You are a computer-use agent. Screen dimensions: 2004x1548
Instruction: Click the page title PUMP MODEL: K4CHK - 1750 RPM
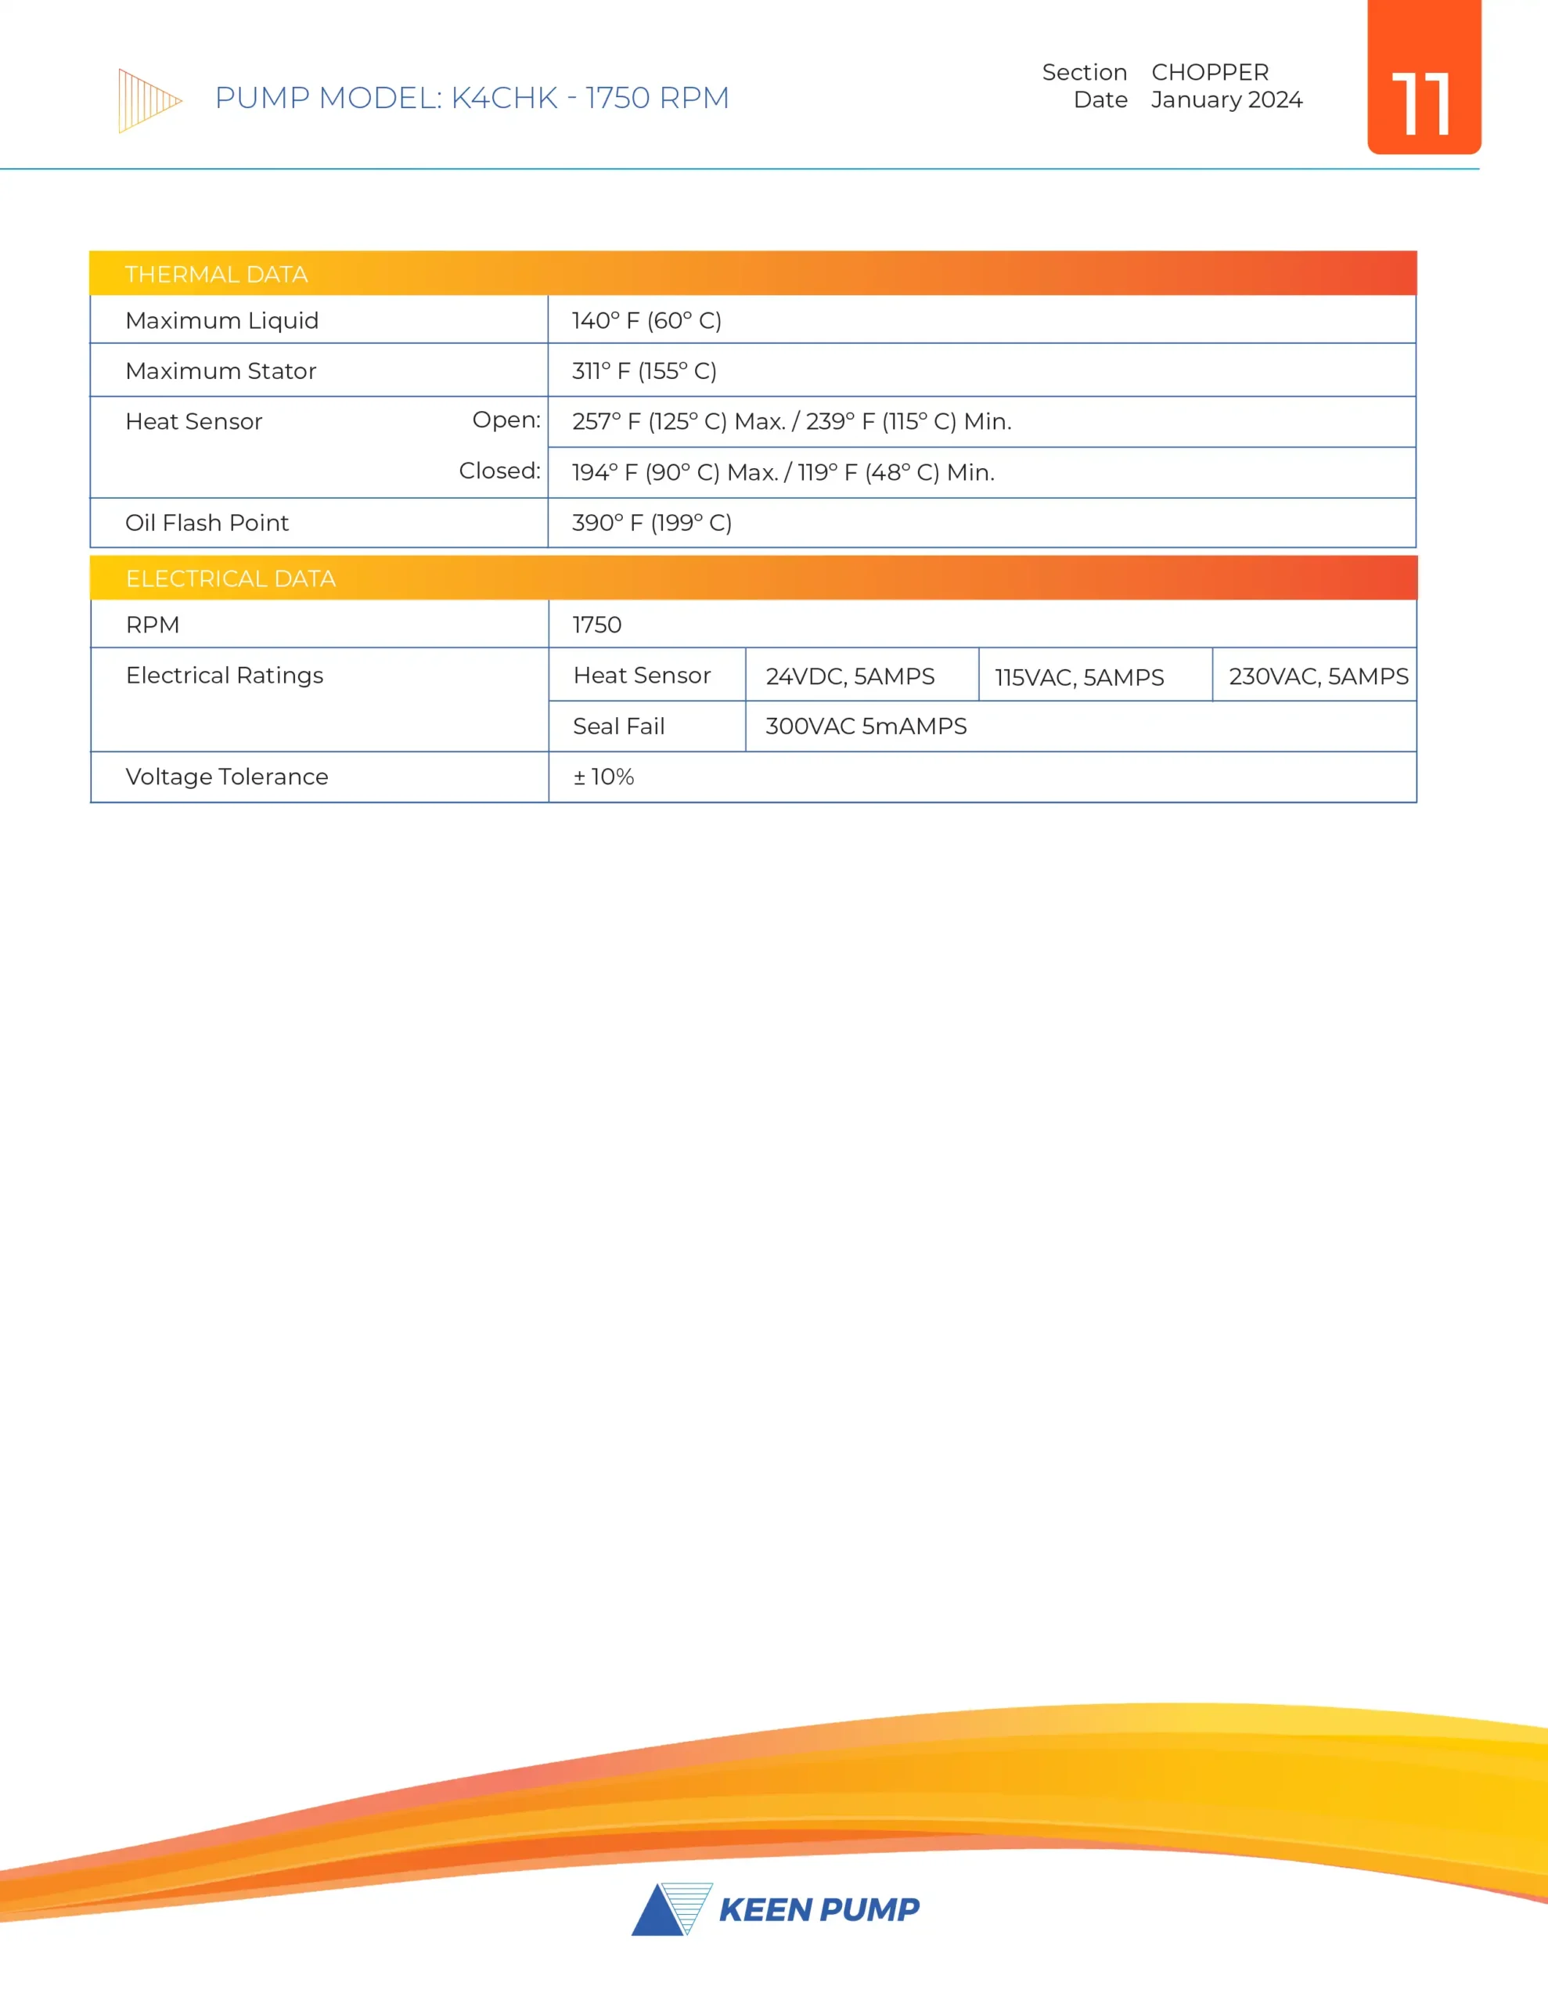pyautogui.click(x=472, y=97)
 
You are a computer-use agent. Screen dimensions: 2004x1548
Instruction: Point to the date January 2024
pyautogui.click(x=1226, y=99)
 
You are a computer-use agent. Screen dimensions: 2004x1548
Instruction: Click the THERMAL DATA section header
pyautogui.click(x=217, y=273)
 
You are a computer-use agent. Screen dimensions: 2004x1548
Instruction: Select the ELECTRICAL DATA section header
pyautogui.click(x=230, y=578)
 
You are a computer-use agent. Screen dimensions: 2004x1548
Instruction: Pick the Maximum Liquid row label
pyautogui.click(x=222, y=320)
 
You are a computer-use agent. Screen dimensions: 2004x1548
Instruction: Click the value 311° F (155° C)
pyautogui.click(x=644, y=371)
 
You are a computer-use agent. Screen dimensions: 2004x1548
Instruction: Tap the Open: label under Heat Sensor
pyautogui.click(x=506, y=420)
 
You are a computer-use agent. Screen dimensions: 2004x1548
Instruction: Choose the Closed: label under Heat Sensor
pyautogui.click(x=499, y=470)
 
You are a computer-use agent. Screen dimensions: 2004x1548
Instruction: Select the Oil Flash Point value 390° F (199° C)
pyautogui.click(x=651, y=522)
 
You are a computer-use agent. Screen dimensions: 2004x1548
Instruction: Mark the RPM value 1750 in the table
pyautogui.click(x=596, y=624)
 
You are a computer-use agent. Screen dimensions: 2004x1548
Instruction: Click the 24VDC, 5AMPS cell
pyautogui.click(x=850, y=676)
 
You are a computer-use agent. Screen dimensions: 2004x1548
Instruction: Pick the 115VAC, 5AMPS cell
pyautogui.click(x=1079, y=677)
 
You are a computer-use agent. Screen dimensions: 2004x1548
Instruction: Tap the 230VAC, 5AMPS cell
pyautogui.click(x=1318, y=676)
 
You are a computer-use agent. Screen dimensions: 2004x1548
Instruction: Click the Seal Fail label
pyautogui.click(x=618, y=726)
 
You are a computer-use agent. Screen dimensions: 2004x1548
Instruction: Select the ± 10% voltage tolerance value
pyautogui.click(x=604, y=777)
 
